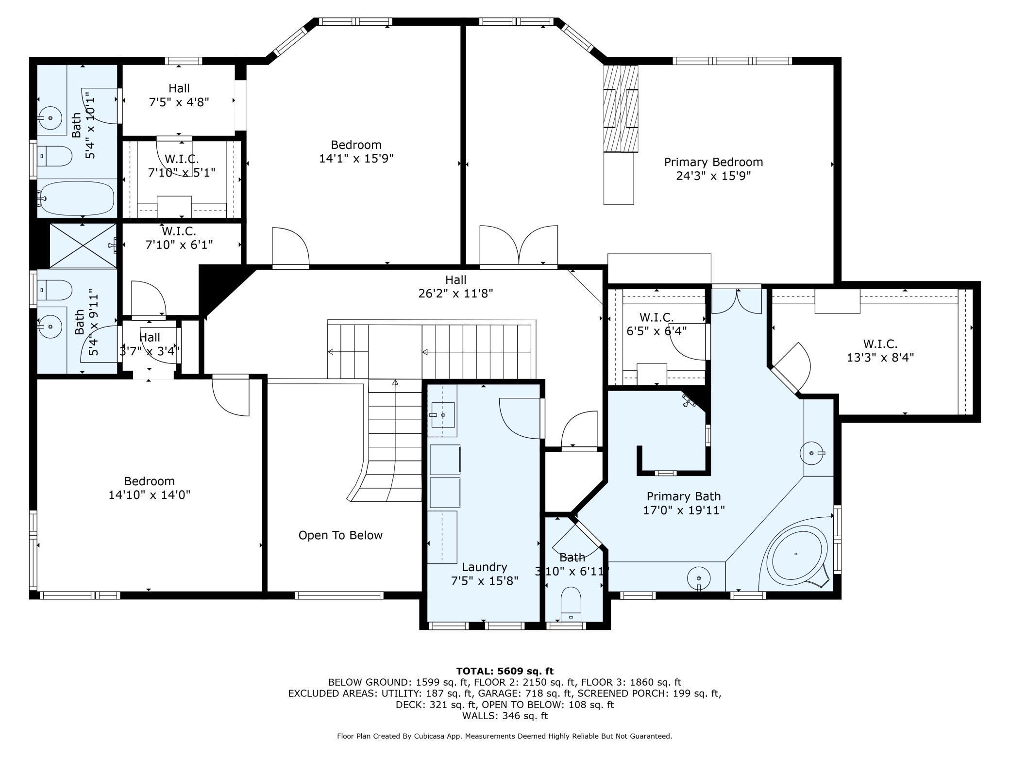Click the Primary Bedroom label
click(x=713, y=168)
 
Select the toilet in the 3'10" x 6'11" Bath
click(x=571, y=604)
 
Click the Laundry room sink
click(x=443, y=415)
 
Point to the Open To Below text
click(x=340, y=535)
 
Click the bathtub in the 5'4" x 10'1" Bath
click(x=77, y=198)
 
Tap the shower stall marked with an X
click(x=84, y=245)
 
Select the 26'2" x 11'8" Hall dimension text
click(x=455, y=293)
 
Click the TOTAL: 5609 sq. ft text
click(x=505, y=671)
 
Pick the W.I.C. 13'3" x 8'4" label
click(x=880, y=350)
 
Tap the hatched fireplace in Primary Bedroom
click(x=620, y=109)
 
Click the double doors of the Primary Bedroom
click(x=519, y=246)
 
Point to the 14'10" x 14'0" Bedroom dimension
click(x=149, y=494)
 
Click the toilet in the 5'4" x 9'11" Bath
click(x=54, y=290)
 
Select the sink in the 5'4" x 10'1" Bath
click(x=50, y=117)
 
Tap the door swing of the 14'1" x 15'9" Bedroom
click(x=290, y=246)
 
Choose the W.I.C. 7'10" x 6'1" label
click(x=179, y=238)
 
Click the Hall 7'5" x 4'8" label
click(x=179, y=95)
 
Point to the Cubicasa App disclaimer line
click(x=505, y=736)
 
